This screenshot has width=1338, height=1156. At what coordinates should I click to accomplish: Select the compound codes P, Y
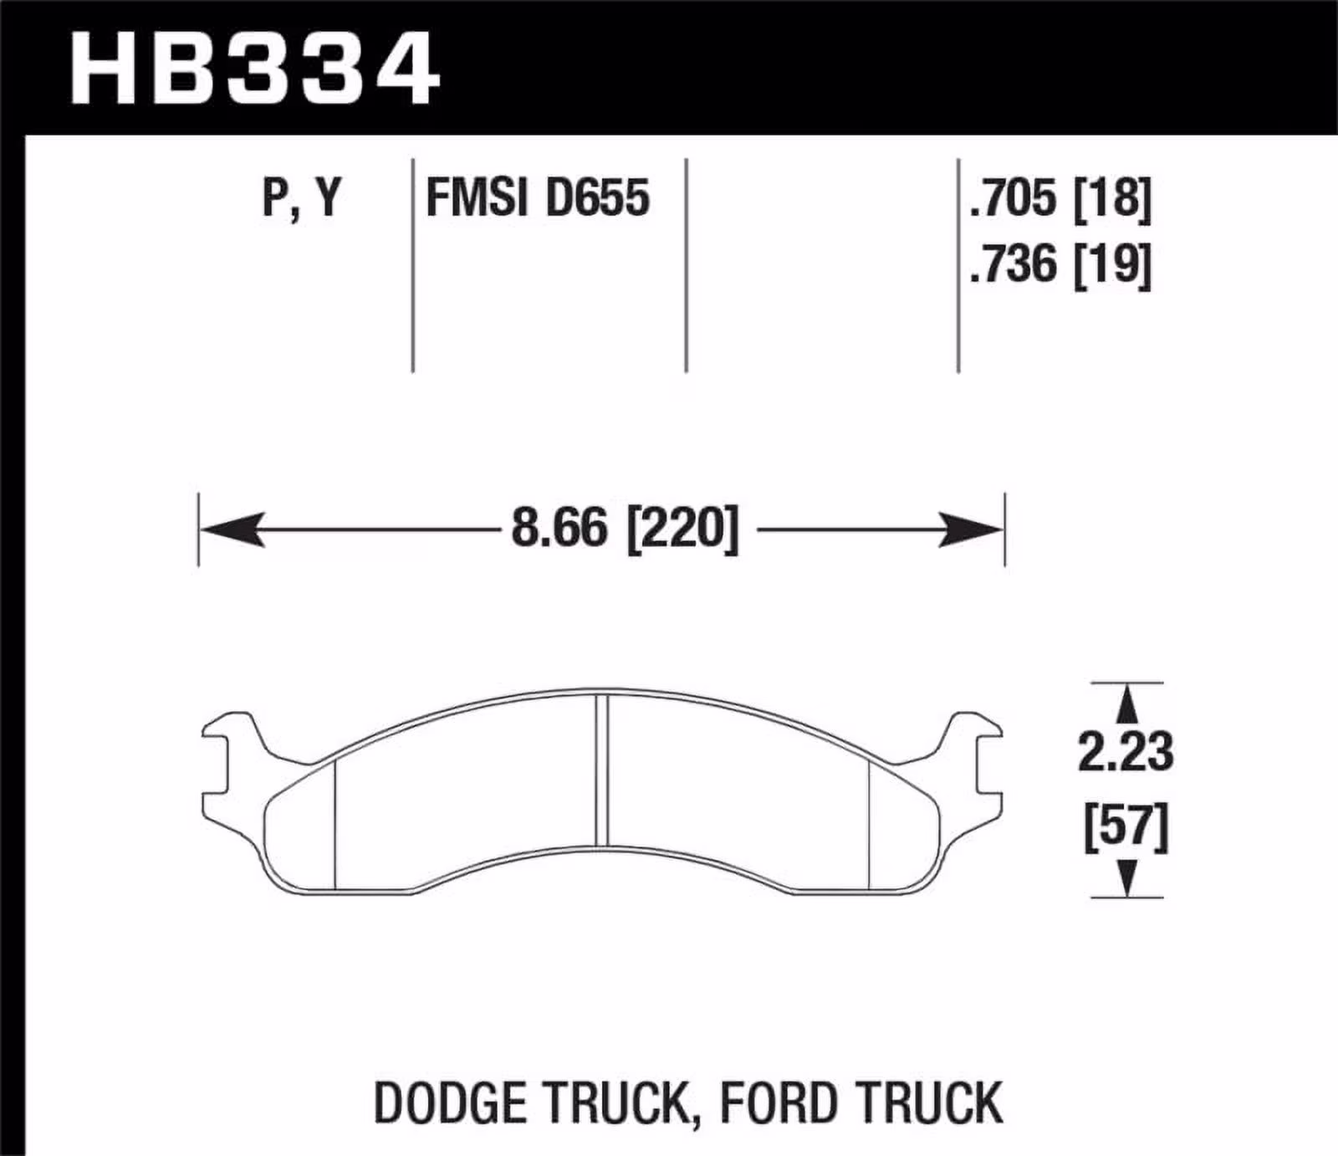[302, 197]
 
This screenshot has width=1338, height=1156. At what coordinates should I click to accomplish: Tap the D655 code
[597, 198]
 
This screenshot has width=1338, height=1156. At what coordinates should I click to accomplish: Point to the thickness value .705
[1013, 198]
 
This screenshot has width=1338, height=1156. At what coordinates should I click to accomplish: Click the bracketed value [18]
[1112, 198]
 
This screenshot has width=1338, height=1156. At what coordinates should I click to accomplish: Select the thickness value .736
[1013, 264]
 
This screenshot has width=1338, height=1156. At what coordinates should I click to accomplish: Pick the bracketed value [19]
[1112, 264]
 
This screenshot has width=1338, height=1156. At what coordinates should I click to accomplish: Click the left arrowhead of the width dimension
[230, 529]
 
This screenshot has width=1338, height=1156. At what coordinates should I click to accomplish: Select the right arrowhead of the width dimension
[973, 529]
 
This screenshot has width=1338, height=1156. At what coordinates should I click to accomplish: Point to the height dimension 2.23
[1126, 751]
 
